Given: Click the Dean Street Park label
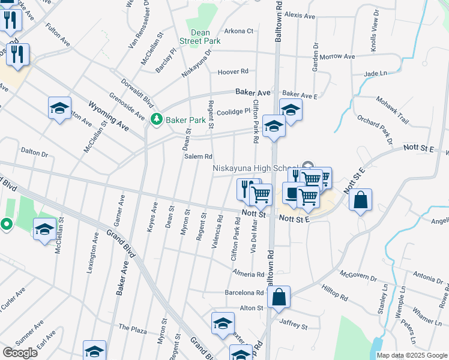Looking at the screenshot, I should pos(200,37).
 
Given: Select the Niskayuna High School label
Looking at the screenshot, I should pos(256,169).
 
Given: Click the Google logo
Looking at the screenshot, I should pos(20,352).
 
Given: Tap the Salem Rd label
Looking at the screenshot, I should pos(198,157).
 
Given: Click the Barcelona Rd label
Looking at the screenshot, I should pos(244,293).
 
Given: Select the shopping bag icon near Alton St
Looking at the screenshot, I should pos(279,296).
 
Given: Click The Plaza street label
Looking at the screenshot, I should pos(133,328).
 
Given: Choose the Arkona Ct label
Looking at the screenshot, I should pos(239,31).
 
